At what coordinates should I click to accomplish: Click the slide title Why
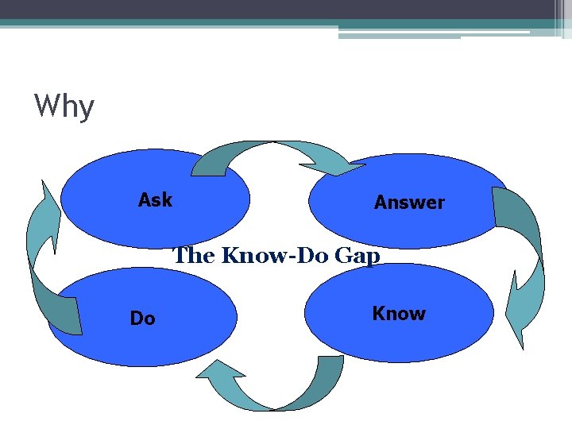[x=64, y=106]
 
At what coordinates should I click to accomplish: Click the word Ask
[x=155, y=200]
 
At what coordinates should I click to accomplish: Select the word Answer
[x=409, y=203]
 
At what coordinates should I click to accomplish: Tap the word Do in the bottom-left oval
[x=142, y=319]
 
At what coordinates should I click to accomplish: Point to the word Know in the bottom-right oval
[x=399, y=314]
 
